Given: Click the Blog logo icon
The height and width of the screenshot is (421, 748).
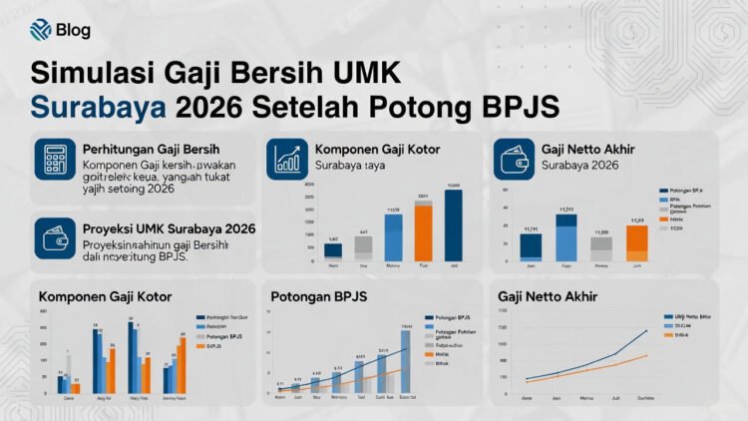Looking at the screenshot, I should [41, 29].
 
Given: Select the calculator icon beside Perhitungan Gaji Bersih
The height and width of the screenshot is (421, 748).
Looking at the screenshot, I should [56, 159].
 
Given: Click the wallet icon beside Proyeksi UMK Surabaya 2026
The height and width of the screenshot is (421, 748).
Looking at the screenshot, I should [56, 239].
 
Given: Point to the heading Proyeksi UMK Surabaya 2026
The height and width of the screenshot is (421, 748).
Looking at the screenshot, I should [169, 228].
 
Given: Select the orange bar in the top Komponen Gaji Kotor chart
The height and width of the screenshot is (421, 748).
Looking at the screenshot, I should [423, 231].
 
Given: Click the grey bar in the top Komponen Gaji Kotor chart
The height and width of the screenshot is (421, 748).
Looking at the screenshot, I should [363, 246].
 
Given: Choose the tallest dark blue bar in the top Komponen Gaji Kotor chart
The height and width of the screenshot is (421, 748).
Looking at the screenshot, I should [454, 223].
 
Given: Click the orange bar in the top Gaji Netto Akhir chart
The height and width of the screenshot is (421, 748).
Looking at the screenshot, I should [636, 242].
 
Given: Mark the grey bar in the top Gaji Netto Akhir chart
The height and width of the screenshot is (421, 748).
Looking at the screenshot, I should [600, 249].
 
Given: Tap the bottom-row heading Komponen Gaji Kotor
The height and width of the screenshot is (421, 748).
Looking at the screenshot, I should [105, 296].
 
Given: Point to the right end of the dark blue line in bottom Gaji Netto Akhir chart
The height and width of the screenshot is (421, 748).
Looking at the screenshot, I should [647, 330].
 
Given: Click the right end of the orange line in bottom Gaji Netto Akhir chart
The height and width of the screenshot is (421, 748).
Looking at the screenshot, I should [647, 355].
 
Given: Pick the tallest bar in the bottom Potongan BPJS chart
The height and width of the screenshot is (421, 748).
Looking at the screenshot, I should [405, 360].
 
